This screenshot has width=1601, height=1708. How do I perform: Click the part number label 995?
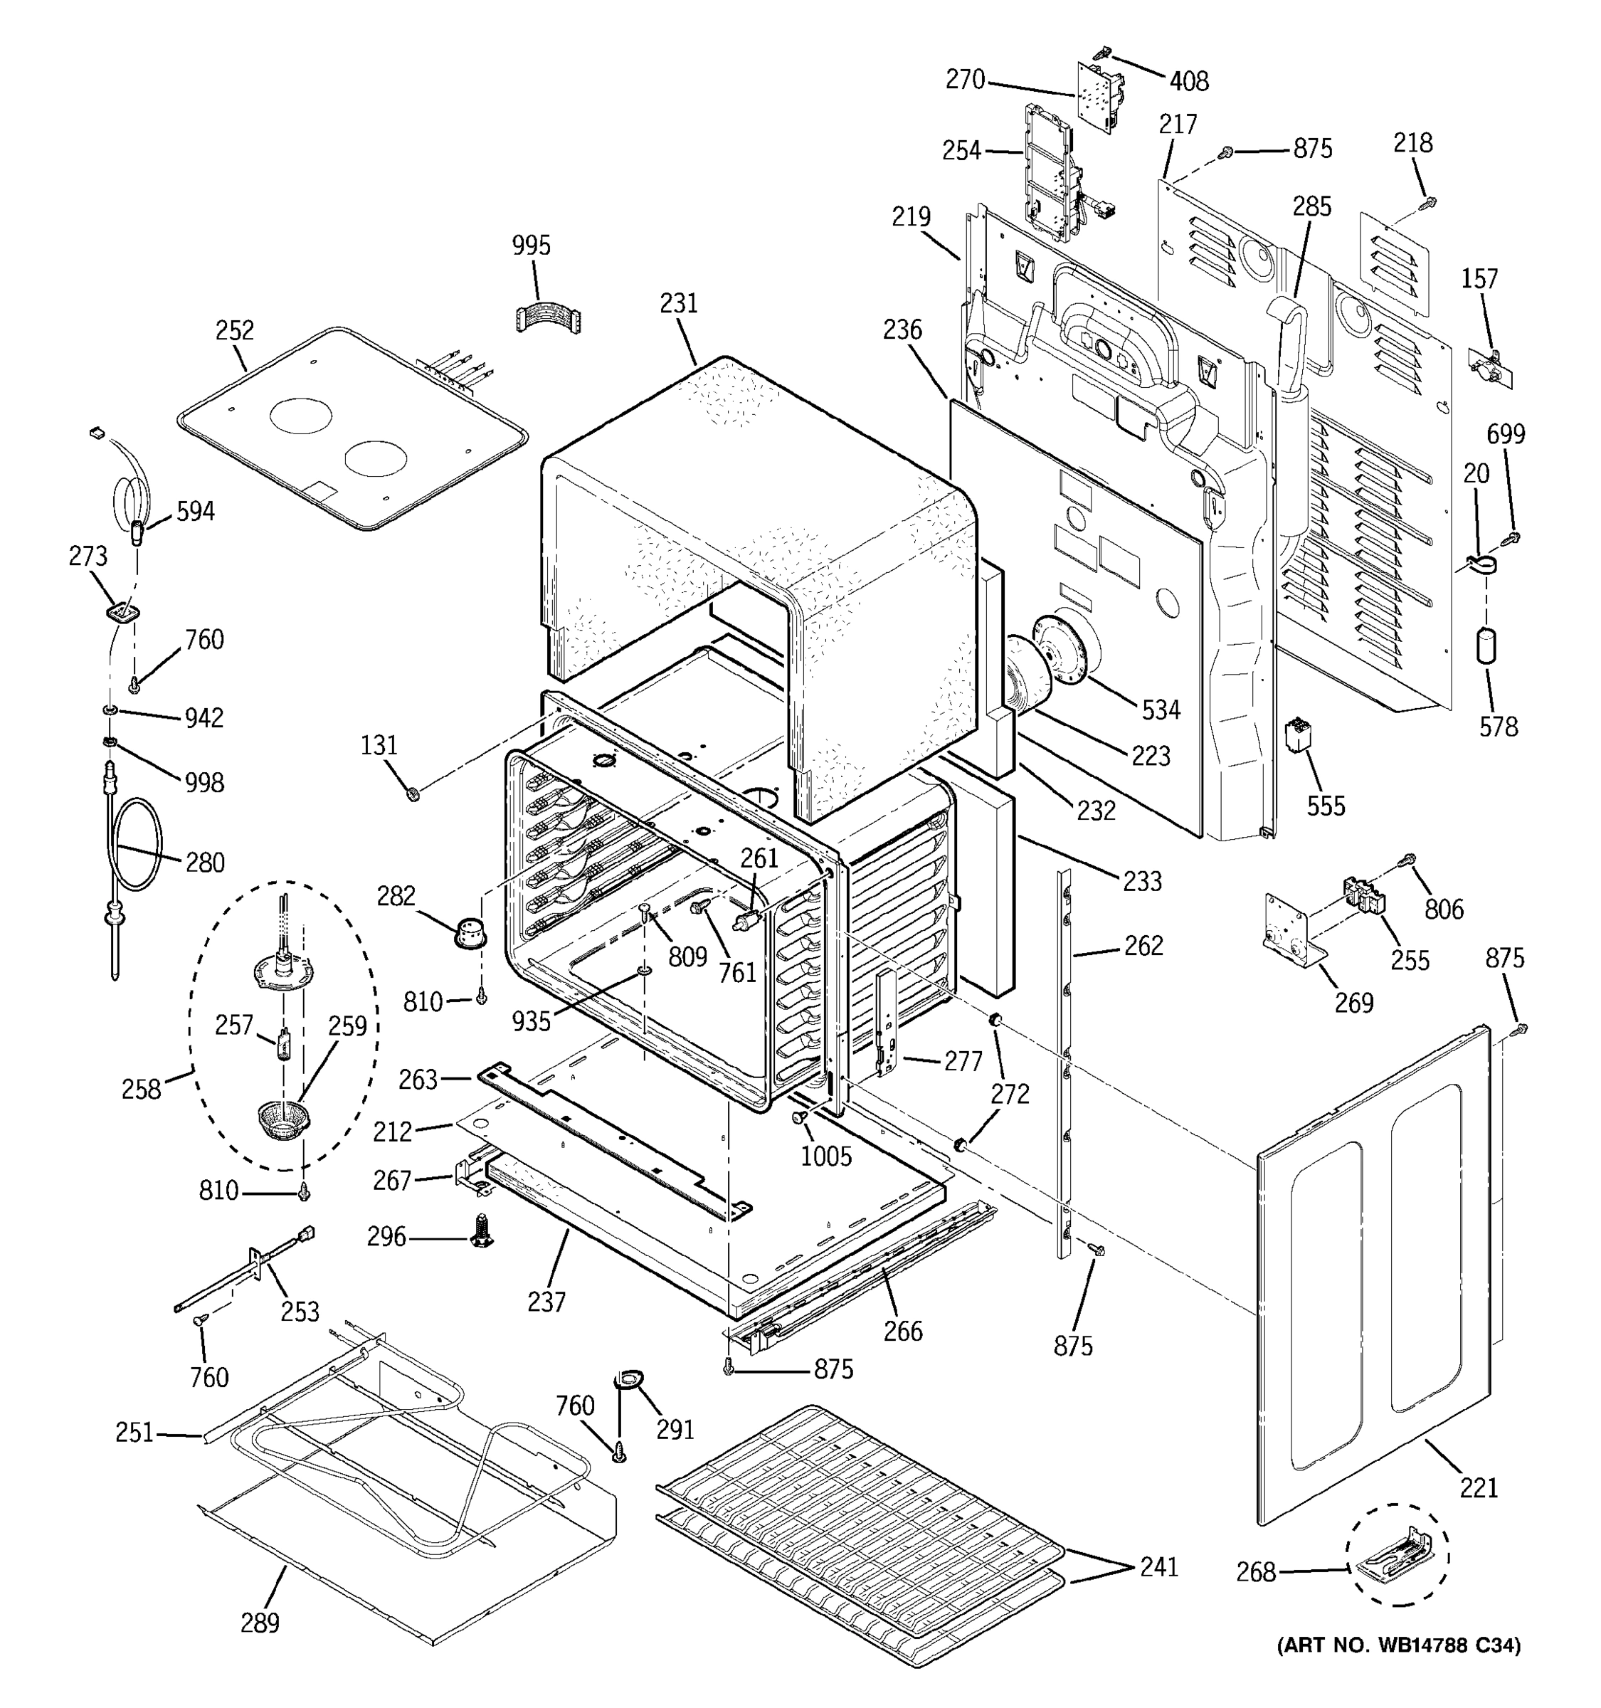pos(531,246)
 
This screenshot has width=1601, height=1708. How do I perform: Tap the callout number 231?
pos(679,304)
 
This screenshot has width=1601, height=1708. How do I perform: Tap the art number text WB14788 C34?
pos(1398,1645)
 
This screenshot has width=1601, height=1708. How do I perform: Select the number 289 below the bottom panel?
pos(260,1623)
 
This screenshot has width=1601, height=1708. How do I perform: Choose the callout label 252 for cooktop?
pos(235,331)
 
